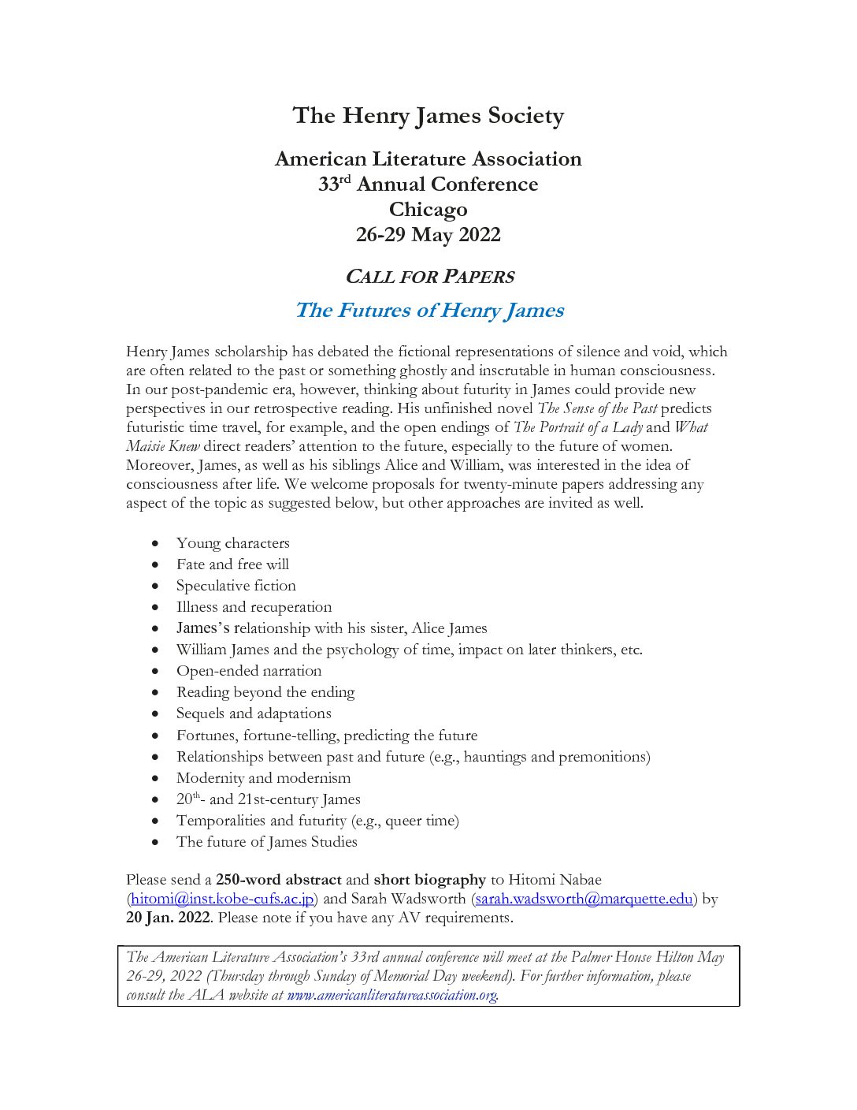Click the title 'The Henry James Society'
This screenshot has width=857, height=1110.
pyautogui.click(x=428, y=116)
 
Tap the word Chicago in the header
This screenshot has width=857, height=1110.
pyautogui.click(x=428, y=210)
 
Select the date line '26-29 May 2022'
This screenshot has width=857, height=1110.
pyautogui.click(x=428, y=235)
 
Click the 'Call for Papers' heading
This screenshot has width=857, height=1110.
pyautogui.click(x=429, y=277)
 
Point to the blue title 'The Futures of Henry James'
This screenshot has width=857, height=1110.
pyautogui.click(x=429, y=310)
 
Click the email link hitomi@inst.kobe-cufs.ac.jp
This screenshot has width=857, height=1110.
pyautogui.click(x=223, y=899)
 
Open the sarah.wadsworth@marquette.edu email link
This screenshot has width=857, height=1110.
pyautogui.click(x=584, y=899)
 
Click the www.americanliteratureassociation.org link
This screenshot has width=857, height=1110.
pyautogui.click(x=391, y=995)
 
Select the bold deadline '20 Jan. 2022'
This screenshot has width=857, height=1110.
pyautogui.click(x=168, y=918)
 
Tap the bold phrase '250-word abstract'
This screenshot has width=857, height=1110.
pyautogui.click(x=279, y=880)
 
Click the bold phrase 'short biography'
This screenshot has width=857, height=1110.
pyautogui.click(x=430, y=880)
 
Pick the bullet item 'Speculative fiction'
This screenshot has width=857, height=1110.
pyautogui.click(x=236, y=586)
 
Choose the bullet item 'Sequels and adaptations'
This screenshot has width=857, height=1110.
pyautogui.click(x=254, y=713)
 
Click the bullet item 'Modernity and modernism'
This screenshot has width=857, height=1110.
pyautogui.click(x=264, y=777)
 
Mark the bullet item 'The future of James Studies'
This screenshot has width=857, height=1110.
pyautogui.click(x=267, y=841)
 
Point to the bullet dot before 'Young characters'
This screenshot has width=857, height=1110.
pyautogui.click(x=157, y=544)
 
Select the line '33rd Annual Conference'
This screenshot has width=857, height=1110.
pyautogui.click(x=428, y=184)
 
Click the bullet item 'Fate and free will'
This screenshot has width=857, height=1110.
pyautogui.click(x=232, y=564)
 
